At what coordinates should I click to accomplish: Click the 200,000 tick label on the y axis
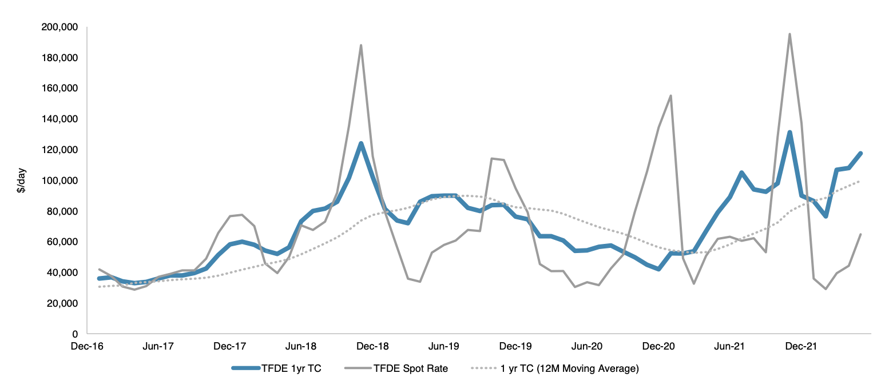coord(61,27)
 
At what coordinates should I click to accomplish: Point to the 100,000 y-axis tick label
coord(61,181)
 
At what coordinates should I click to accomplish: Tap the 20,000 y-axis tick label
coord(64,303)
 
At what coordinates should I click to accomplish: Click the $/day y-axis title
coord(22,181)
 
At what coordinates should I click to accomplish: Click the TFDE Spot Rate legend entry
coord(410,368)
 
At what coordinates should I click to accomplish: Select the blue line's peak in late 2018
coord(361,143)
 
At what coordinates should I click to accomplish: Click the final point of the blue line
coord(860,153)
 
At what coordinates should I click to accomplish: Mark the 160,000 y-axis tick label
coord(61,89)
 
